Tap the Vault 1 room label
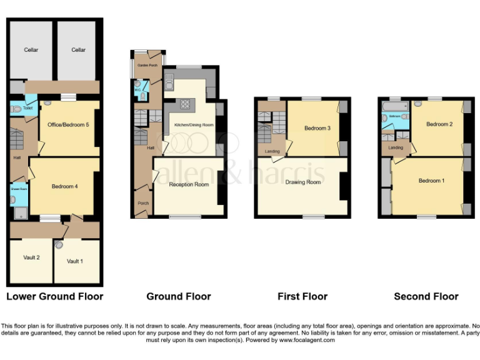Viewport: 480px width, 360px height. pos(74,261)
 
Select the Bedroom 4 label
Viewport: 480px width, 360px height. pos(64,186)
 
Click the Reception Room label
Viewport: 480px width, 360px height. pos(189,184)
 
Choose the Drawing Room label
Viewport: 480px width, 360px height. pos(302,182)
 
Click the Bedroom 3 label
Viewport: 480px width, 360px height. pos(317,128)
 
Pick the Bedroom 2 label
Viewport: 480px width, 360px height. pos(439,124)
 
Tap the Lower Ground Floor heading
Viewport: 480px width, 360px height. pos(54,296)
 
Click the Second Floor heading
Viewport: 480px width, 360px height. pos(426,296)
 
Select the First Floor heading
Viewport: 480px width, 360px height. pos(302,296)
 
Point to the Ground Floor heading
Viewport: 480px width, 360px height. pos(178,296)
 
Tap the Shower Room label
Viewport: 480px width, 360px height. pos(17,187)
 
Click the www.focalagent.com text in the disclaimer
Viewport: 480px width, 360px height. pos(306,340)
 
